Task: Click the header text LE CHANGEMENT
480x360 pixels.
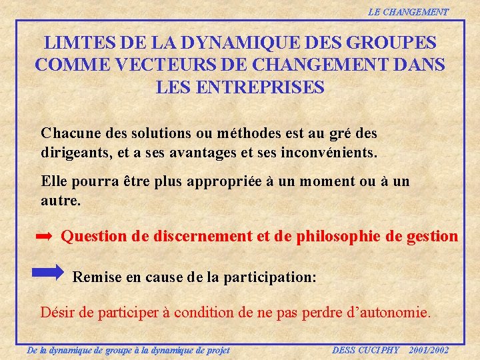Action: coord(408,12)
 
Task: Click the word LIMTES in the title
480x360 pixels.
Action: coord(75,43)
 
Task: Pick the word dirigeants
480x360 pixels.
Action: coord(73,151)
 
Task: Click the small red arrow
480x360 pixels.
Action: coord(44,237)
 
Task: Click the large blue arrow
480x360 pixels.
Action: coord(48,273)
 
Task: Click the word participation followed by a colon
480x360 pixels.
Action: coord(274,277)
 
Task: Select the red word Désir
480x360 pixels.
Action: coord(57,311)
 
